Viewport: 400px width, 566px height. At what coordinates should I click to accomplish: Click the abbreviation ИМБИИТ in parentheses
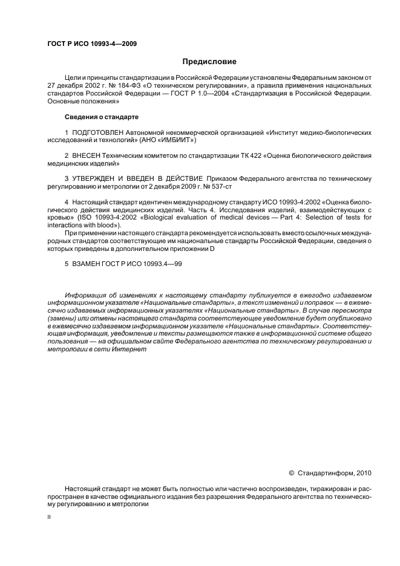(x=177, y=139)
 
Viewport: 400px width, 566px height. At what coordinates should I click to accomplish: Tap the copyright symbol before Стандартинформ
(x=292, y=472)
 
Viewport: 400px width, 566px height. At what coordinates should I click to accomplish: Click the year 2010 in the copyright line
(x=364, y=472)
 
